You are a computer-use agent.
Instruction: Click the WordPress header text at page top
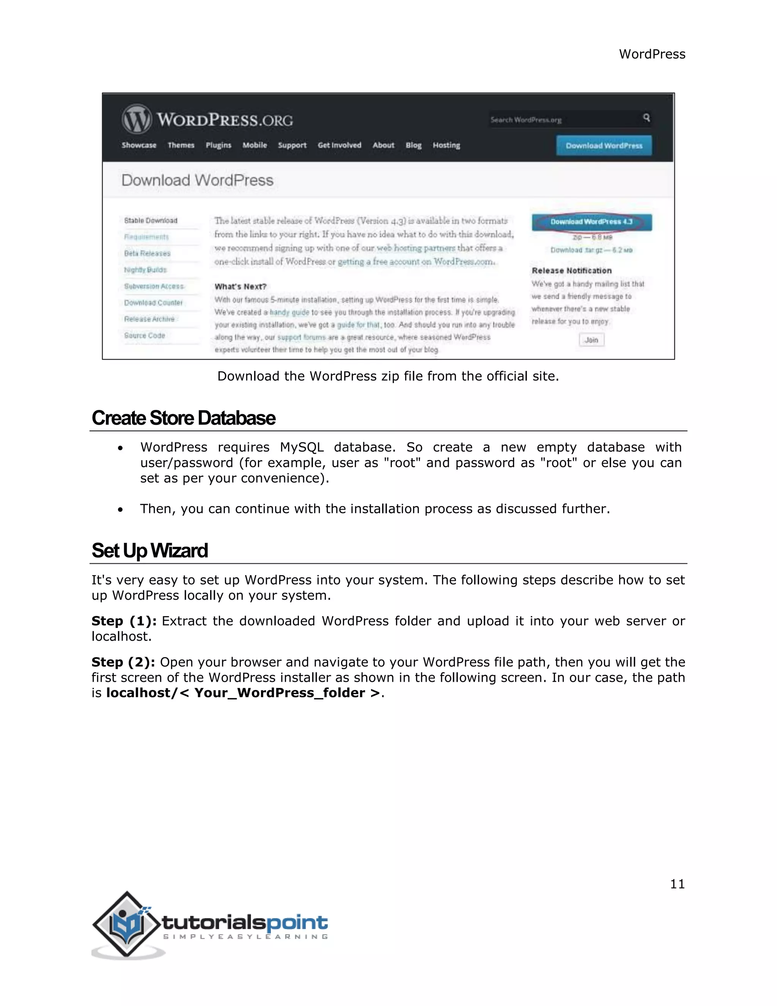pyautogui.click(x=651, y=54)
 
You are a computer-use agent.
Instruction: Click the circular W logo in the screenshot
pyautogui.click(x=136, y=119)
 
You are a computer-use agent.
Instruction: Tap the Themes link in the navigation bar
pyautogui.click(x=181, y=145)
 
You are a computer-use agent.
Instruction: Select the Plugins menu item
pyautogui.click(x=218, y=145)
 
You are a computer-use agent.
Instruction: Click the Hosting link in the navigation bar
pyautogui.click(x=446, y=145)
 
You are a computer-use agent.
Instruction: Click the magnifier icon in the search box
pyautogui.click(x=646, y=118)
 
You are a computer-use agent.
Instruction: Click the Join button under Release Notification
pyautogui.click(x=591, y=340)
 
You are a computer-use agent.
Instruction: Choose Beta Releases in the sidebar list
pyautogui.click(x=147, y=253)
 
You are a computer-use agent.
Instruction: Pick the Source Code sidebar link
pyautogui.click(x=144, y=335)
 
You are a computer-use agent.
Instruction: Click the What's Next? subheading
pyautogui.click(x=240, y=287)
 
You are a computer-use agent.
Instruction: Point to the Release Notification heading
pyautogui.click(x=571, y=270)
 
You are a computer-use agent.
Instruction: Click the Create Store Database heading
pyautogui.click(x=183, y=418)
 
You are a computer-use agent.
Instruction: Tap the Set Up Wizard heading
pyautogui.click(x=149, y=550)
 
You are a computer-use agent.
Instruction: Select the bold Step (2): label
pyautogui.click(x=123, y=662)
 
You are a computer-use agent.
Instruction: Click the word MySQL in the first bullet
pyautogui.click(x=302, y=447)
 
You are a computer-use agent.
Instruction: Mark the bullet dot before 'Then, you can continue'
pyautogui.click(x=120, y=509)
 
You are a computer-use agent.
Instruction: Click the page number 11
pyautogui.click(x=677, y=883)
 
